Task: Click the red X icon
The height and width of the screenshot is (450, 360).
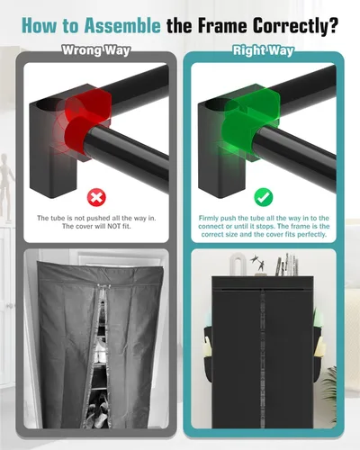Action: pyautogui.click(x=96, y=197)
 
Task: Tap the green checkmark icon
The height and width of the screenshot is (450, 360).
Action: pyautogui.click(x=264, y=197)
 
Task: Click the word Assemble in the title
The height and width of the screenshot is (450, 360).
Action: pyautogui.click(x=122, y=26)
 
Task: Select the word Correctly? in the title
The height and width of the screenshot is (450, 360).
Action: pyautogui.click(x=295, y=26)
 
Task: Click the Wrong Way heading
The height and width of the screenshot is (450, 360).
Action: pyautogui.click(x=96, y=50)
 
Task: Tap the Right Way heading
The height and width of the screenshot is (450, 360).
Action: pyautogui.click(x=264, y=50)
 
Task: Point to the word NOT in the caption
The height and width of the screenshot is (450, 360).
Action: pyautogui.click(x=113, y=226)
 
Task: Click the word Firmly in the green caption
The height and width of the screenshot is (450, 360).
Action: pyautogui.click(x=209, y=218)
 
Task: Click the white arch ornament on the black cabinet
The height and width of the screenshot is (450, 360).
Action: pyautogui.click(x=238, y=264)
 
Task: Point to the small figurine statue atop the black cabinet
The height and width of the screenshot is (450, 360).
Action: pyautogui.click(x=260, y=265)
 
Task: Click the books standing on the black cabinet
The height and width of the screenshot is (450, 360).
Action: pyautogui.click(x=286, y=265)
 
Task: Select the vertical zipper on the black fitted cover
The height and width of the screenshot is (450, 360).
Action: pyautogui.click(x=262, y=357)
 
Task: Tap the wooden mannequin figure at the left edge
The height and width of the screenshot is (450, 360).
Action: pyautogui.click(x=5, y=186)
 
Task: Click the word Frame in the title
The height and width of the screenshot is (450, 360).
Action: pyautogui.click(x=222, y=26)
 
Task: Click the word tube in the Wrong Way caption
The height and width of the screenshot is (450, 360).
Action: pyautogui.click(x=57, y=218)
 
